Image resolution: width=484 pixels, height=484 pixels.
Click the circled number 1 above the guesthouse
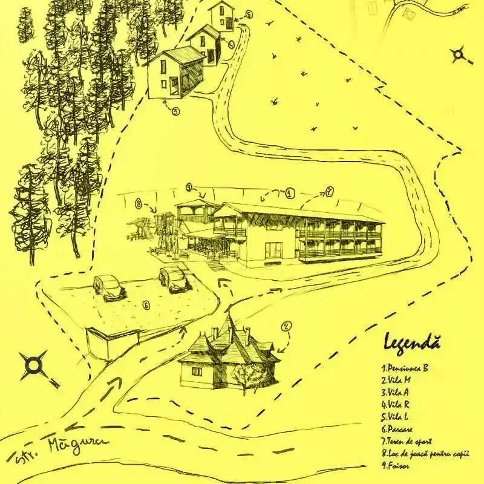(x=290, y=194)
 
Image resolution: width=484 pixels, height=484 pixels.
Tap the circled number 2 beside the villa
(x=286, y=326)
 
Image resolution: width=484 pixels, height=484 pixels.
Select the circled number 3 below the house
(x=175, y=111)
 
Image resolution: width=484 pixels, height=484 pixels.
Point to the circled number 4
(x=231, y=44)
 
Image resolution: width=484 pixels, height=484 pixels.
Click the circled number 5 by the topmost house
(x=249, y=14)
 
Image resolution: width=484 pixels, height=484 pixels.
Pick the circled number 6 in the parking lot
(x=146, y=304)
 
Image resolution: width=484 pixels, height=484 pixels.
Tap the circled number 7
(x=330, y=192)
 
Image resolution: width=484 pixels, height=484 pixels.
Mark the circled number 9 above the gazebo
(x=189, y=187)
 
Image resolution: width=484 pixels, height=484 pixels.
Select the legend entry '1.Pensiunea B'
(x=405, y=367)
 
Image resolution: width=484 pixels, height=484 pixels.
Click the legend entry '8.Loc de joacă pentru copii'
(x=425, y=454)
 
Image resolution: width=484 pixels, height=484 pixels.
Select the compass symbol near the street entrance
(x=35, y=365)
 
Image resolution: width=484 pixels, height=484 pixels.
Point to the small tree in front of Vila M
(x=249, y=378)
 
